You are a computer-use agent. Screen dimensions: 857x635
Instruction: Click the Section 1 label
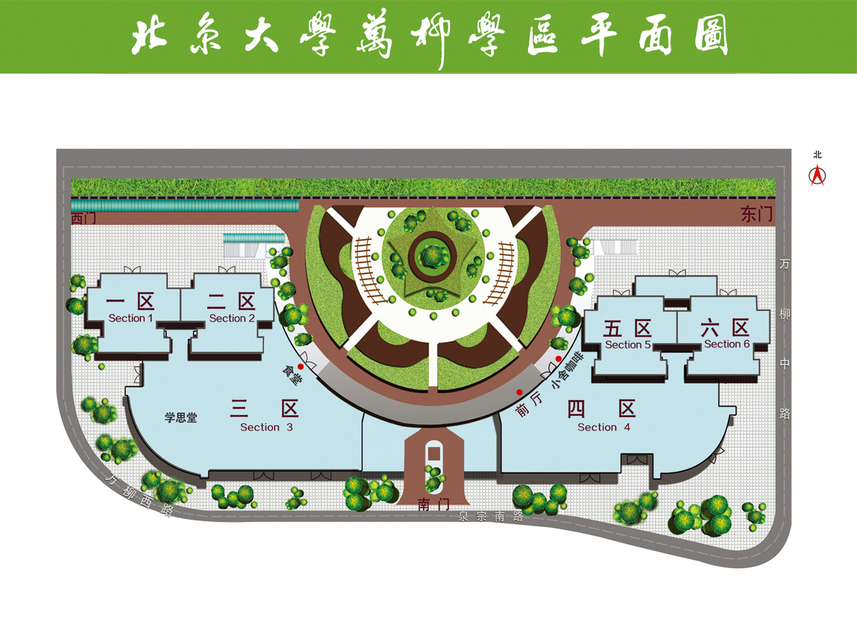pos(131,318)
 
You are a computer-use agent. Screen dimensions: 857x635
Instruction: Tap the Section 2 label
pos(232,318)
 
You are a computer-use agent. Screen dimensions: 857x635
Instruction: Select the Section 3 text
pos(266,427)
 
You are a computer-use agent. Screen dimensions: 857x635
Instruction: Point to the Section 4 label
pos(604,427)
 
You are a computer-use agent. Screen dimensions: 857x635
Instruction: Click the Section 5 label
pos(628,345)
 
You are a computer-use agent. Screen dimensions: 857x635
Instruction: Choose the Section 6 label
pos(727,344)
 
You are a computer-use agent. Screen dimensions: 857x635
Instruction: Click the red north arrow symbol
pos(817,175)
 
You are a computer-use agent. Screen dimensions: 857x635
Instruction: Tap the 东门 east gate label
pos(757,214)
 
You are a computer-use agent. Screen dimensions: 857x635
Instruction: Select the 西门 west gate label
pos(83,218)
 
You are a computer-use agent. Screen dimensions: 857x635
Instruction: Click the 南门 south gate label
pos(433,504)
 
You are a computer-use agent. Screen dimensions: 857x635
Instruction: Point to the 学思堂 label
pos(181,417)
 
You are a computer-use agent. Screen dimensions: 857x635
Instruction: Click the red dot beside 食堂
pos(300,367)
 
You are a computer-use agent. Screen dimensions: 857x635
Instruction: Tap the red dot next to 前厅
pos(519,392)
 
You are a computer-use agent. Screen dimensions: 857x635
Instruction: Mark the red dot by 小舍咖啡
pos(558,359)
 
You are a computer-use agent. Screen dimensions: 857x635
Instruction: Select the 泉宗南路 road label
pos(490,517)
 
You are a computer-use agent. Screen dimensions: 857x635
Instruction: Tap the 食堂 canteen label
pos(292,375)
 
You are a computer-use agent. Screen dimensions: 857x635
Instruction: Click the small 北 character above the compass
pos(817,155)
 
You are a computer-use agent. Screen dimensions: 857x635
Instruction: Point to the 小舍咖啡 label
pos(567,370)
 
